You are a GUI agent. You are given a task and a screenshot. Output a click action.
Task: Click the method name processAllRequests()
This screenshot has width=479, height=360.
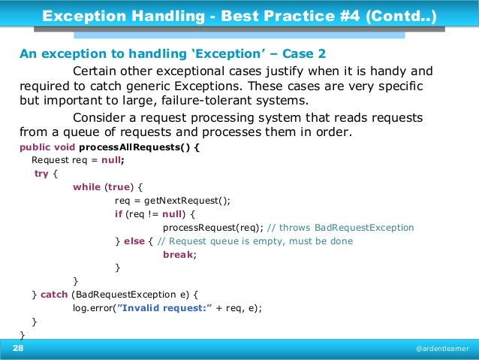(x=135, y=147)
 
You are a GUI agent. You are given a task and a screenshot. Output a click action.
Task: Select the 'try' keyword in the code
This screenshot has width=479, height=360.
(x=42, y=174)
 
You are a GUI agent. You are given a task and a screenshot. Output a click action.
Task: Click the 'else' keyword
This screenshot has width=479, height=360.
(x=134, y=241)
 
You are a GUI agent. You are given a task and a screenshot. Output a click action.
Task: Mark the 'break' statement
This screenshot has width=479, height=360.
(x=178, y=255)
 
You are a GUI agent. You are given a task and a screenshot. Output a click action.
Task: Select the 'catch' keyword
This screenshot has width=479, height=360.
(x=54, y=295)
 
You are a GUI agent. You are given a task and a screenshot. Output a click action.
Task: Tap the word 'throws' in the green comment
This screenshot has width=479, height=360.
(x=296, y=228)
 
